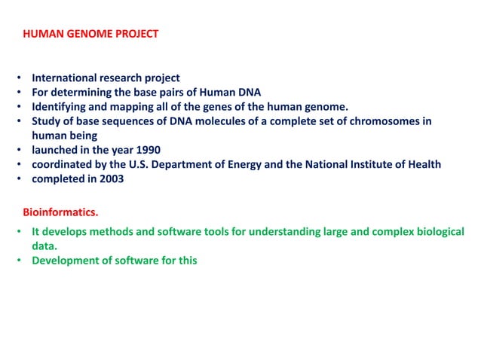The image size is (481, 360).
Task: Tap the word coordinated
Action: [x=61, y=164]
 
